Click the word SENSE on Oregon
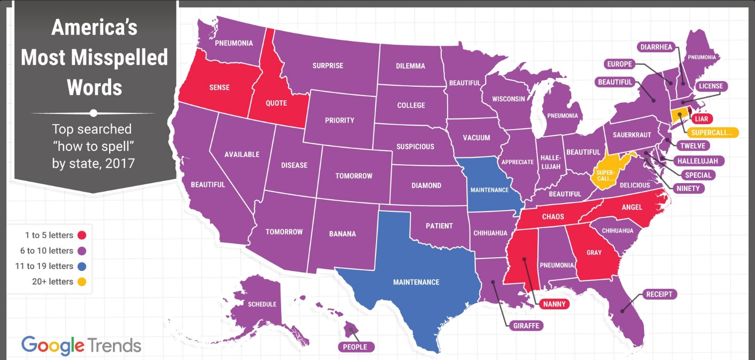point(219,88)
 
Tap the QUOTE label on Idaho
point(276,103)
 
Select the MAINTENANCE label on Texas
point(416,282)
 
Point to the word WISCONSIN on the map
point(508,98)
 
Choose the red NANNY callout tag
point(554,304)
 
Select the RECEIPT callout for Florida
point(659,294)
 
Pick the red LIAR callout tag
point(704,118)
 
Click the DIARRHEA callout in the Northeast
point(656,47)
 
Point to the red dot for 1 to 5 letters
point(82,235)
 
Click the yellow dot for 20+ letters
point(82,282)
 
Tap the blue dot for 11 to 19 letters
point(82,266)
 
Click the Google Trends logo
point(81,345)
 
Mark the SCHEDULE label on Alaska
point(262,304)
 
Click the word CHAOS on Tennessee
point(552,216)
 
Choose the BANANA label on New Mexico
point(342,233)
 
